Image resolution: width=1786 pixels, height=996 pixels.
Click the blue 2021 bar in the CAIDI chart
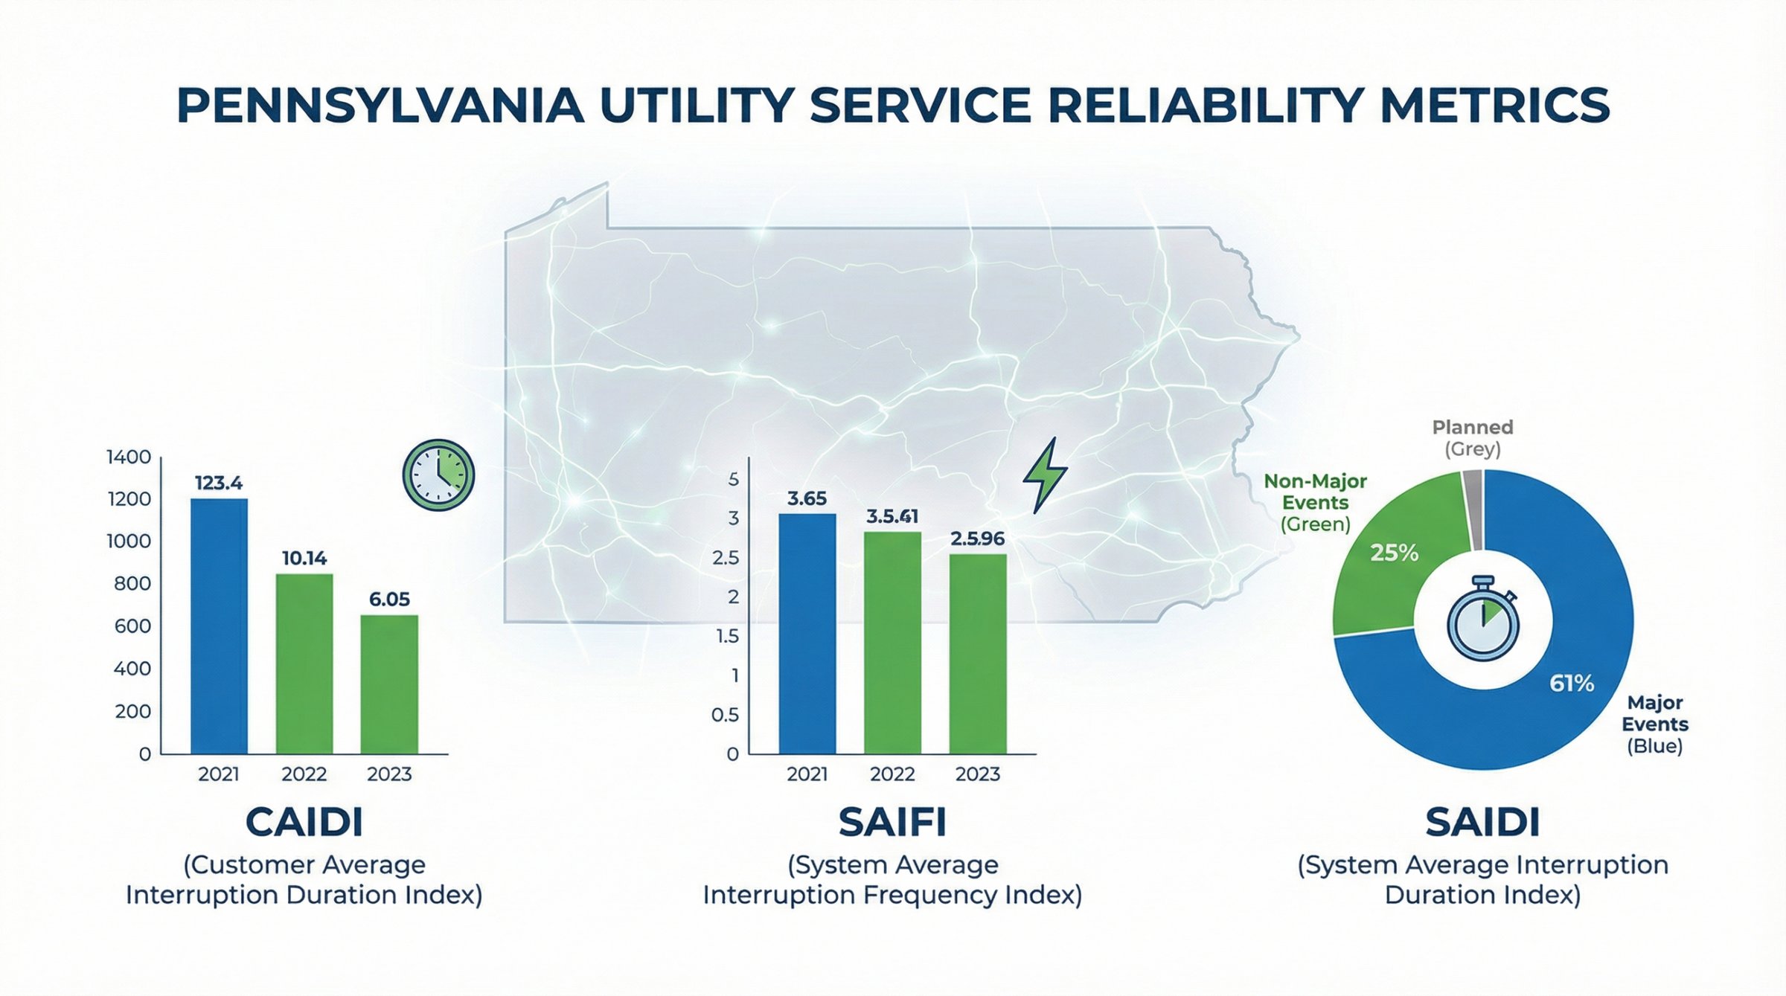pyautogui.click(x=219, y=626)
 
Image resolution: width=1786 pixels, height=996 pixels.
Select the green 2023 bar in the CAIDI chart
pyautogui.click(x=389, y=684)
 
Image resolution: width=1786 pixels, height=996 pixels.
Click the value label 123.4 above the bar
pyautogui.click(x=219, y=483)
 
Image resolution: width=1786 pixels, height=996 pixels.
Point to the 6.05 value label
pyautogui.click(x=389, y=599)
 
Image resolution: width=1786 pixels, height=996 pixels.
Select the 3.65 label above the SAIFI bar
pyautogui.click(x=807, y=498)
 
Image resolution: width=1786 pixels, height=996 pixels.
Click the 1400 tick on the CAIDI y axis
pyautogui.click(x=129, y=457)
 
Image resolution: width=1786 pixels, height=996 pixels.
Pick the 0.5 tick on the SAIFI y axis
pyautogui.click(x=725, y=715)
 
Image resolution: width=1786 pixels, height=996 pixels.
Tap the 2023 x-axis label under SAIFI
pyautogui.click(x=977, y=774)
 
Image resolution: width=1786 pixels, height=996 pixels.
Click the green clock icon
pyautogui.click(x=438, y=475)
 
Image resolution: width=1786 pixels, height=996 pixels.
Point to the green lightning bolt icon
pyautogui.click(x=1046, y=475)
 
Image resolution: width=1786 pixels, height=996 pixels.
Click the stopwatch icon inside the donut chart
pyautogui.click(x=1482, y=619)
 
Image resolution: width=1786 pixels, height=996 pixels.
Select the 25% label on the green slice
pyautogui.click(x=1394, y=553)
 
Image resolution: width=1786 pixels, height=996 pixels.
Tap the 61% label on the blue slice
pyautogui.click(x=1572, y=683)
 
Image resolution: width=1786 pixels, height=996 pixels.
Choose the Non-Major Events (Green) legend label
pyautogui.click(x=1315, y=502)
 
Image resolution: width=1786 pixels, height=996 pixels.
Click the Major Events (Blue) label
pyautogui.click(x=1654, y=724)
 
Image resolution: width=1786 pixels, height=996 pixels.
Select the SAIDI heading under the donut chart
pyautogui.click(x=1482, y=822)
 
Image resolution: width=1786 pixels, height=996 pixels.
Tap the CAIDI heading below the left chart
pyautogui.click(x=304, y=822)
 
